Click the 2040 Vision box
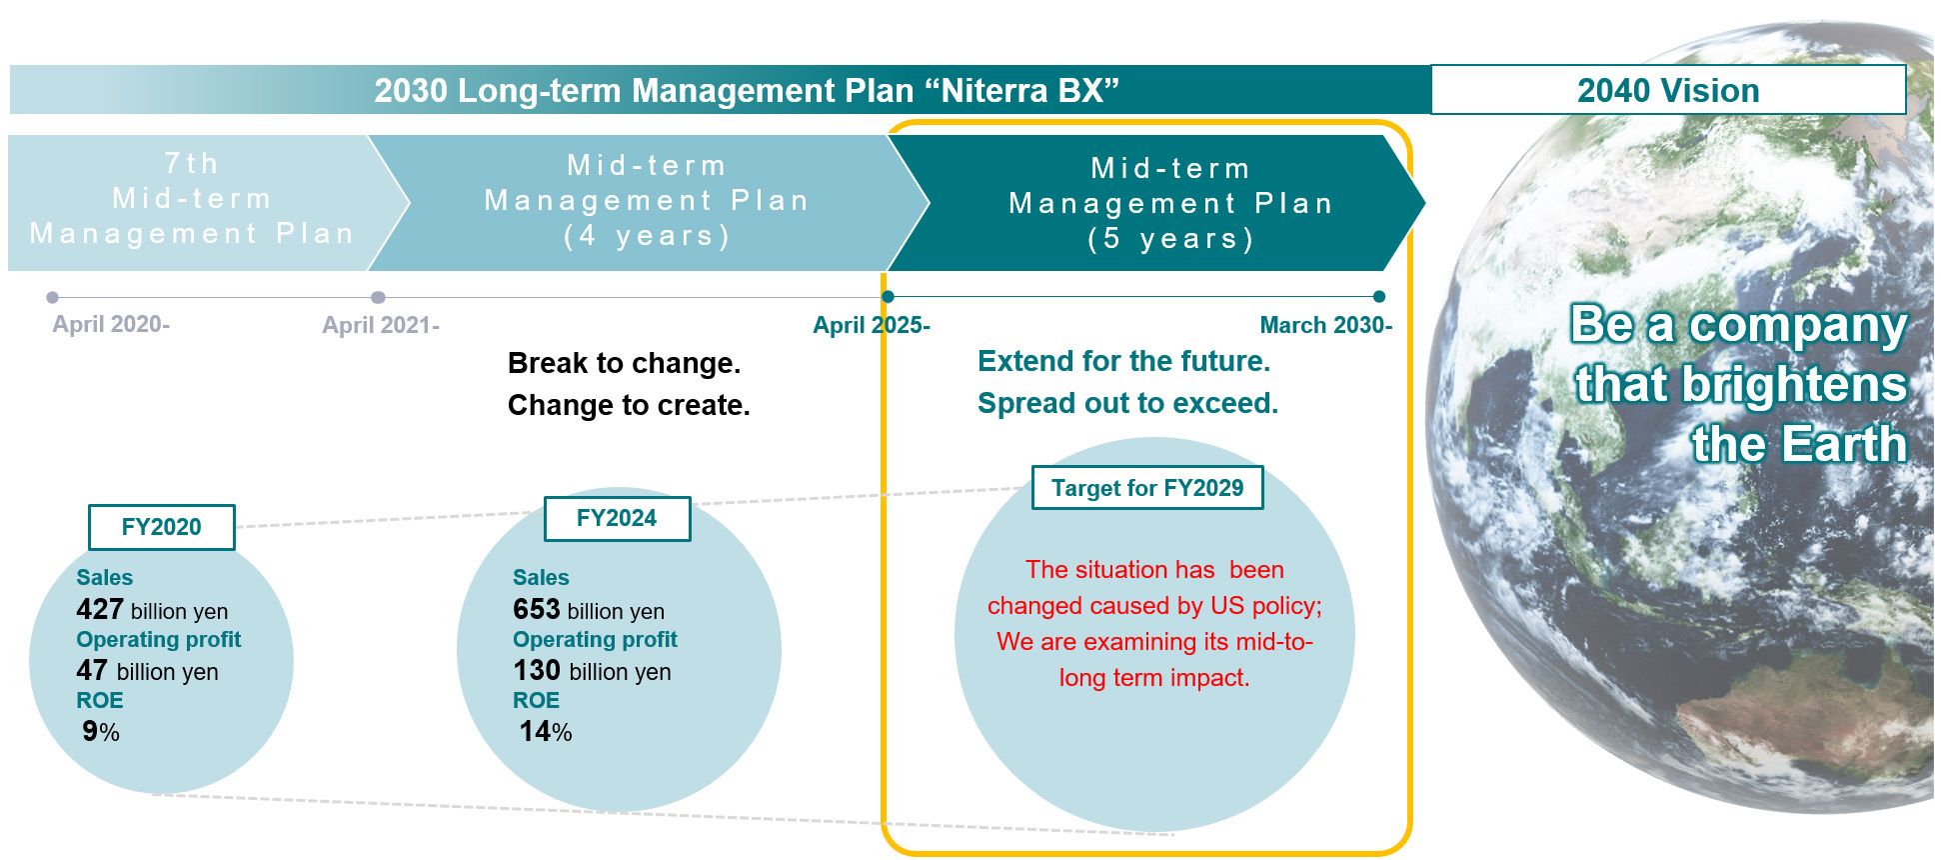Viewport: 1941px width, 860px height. [x=1668, y=90]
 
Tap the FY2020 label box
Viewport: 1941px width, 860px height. [x=162, y=527]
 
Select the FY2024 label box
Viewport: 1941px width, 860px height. [x=617, y=518]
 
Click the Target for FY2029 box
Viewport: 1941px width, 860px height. [x=1147, y=488]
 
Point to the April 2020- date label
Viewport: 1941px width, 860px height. [x=111, y=324]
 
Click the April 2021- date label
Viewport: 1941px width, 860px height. [x=381, y=325]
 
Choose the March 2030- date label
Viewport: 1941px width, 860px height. [x=1326, y=325]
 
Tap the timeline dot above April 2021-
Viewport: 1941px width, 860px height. [x=378, y=297]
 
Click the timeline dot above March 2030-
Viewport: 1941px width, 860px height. [x=1379, y=297]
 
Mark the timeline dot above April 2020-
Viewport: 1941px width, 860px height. [x=52, y=297]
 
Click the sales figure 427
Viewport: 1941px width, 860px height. [x=100, y=609]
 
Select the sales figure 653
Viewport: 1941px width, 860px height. [x=537, y=609]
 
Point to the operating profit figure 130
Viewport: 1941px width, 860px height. [x=537, y=670]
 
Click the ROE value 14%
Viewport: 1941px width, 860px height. [x=546, y=732]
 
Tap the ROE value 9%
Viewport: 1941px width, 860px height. [x=101, y=732]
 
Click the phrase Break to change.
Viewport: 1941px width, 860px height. [x=625, y=363]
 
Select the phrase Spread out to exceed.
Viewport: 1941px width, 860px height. [x=1128, y=403]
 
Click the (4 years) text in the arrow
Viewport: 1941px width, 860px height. [x=647, y=236]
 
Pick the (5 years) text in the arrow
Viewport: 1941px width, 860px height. [x=1170, y=239]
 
